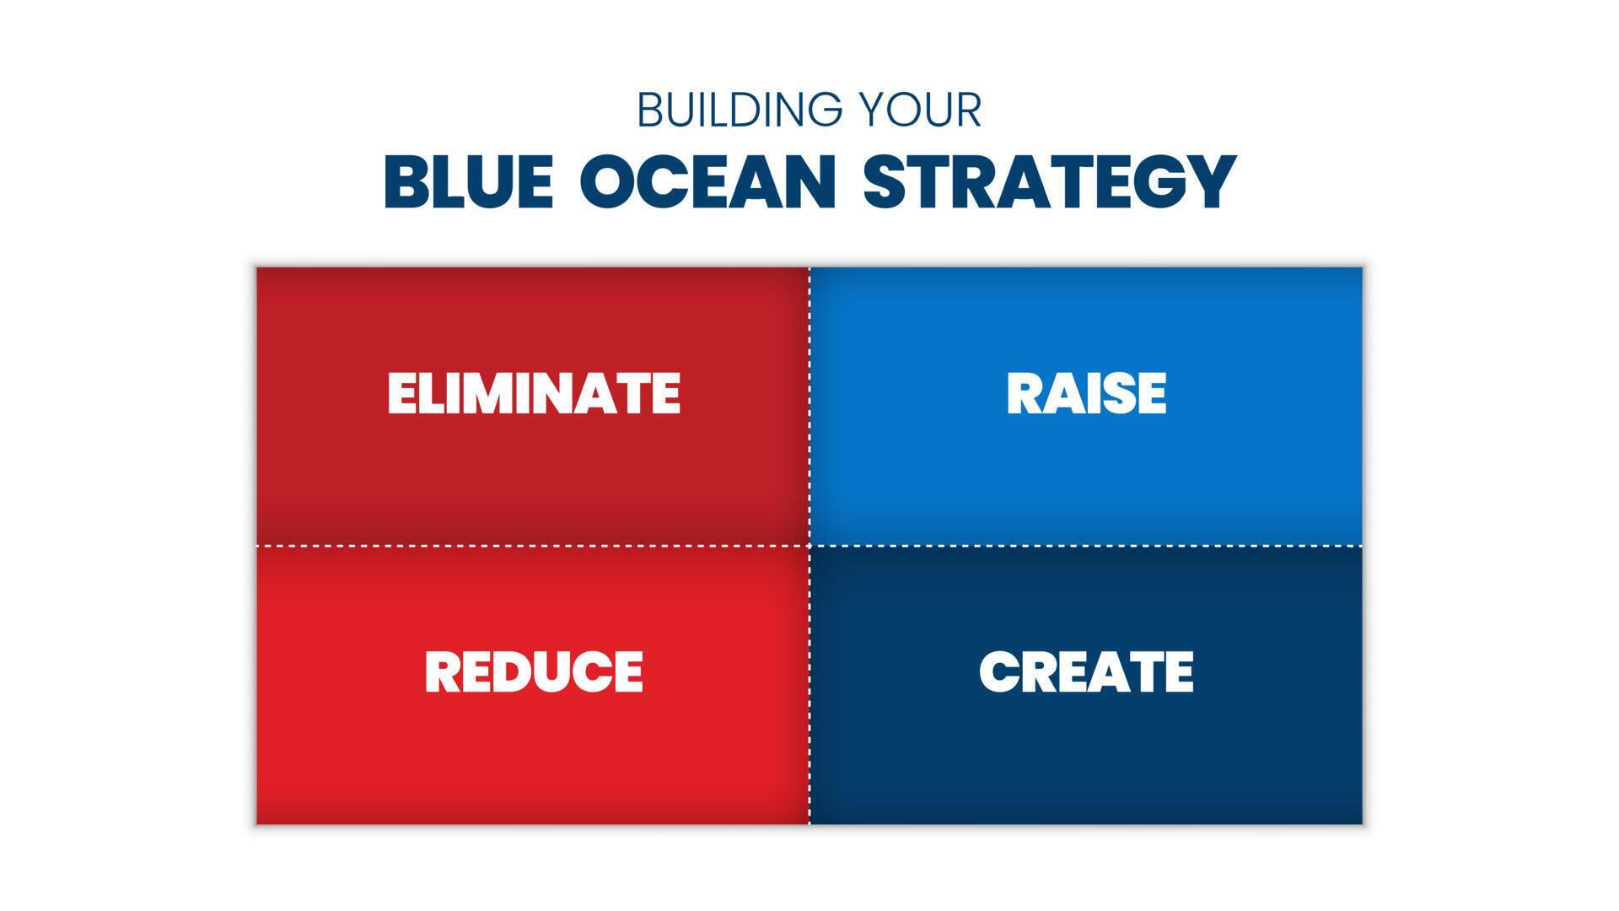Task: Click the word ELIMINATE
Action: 534,393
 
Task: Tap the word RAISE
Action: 1086,393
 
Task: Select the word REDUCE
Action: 534,671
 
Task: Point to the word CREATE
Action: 1086,671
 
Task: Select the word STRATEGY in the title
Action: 1050,181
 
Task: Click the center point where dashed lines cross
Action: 809,546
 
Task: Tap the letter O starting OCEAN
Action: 609,181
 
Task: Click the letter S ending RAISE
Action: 1121,393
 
